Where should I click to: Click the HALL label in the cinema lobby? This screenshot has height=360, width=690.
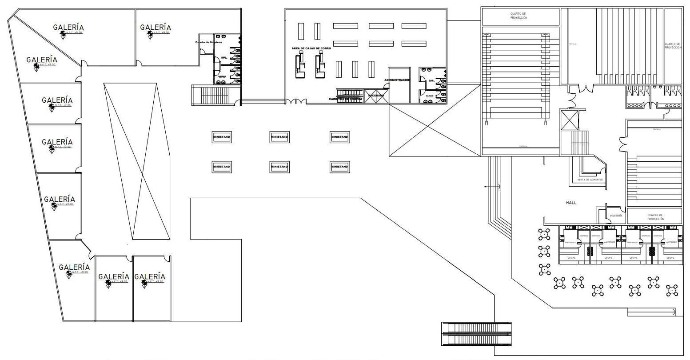point(571,203)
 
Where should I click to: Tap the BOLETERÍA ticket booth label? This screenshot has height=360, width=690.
point(616,216)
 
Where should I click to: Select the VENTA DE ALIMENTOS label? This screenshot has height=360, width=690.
point(590,180)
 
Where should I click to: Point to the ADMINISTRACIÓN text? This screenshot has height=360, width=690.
point(397,80)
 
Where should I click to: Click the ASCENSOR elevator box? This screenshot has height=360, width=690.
point(376,96)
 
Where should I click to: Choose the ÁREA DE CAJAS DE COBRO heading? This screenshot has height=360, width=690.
point(311,48)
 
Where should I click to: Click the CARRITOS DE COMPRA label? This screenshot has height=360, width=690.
point(346,99)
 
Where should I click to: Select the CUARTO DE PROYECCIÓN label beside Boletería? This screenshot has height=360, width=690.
point(655,217)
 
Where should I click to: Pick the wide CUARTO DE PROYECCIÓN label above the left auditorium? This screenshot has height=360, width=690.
point(519,16)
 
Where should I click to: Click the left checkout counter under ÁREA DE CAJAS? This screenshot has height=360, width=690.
point(299,65)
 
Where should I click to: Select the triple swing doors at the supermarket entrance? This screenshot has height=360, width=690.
point(296,102)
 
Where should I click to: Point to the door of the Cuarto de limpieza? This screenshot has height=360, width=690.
point(203,52)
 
